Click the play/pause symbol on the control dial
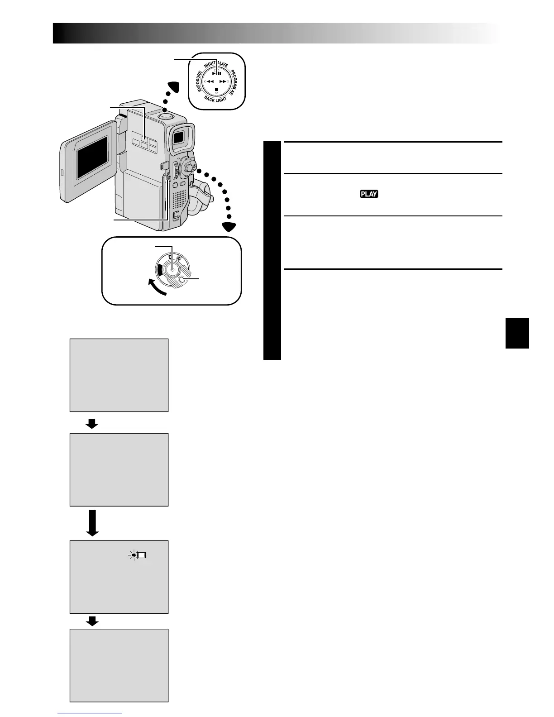pos(217,72)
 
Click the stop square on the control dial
pos(217,90)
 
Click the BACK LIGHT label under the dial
pos(215,99)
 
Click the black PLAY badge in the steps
pos(369,194)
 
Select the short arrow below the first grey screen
pos(92,423)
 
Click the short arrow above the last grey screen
pos(92,622)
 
